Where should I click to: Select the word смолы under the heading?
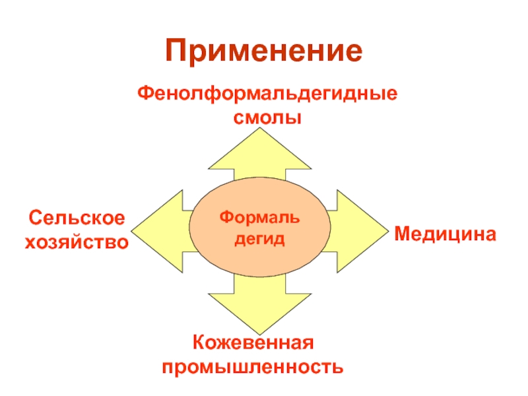(267, 118)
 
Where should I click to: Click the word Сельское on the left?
(77, 218)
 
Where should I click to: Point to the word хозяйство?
(77, 242)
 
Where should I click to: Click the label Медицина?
(445, 233)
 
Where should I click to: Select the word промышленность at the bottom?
(253, 366)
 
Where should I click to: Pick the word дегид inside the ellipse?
(259, 238)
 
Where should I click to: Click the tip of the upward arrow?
(260, 130)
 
